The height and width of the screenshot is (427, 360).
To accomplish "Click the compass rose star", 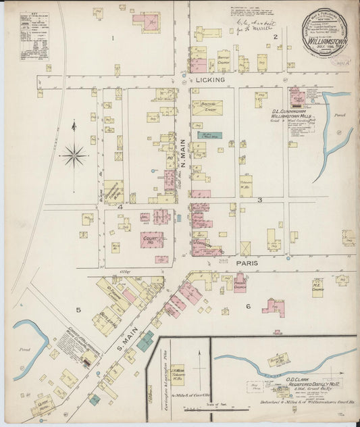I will [74, 155].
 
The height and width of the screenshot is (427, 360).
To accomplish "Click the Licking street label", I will [209, 80].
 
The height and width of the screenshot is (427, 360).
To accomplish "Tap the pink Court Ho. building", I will [151, 239].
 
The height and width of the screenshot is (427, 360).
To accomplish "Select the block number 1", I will [111, 39].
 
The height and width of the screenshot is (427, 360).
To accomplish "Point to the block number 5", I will [78, 310].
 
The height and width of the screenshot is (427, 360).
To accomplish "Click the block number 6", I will [248, 307].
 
